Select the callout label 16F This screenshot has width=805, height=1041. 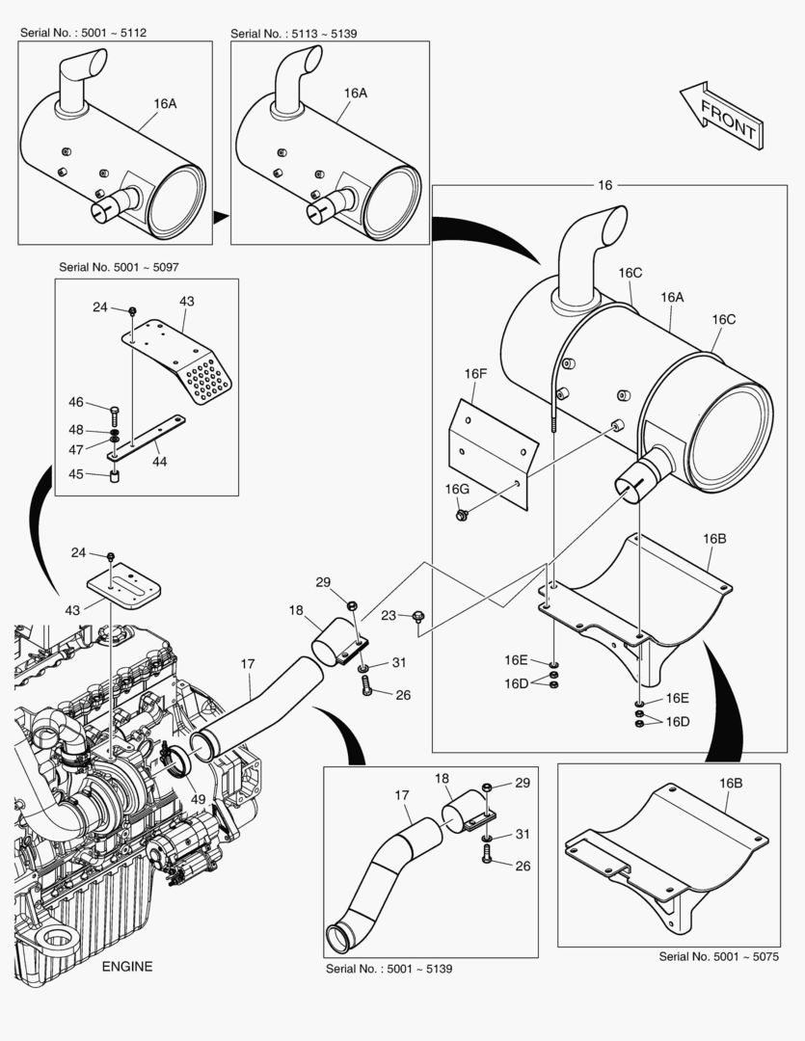click(475, 373)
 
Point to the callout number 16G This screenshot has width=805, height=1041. click(456, 490)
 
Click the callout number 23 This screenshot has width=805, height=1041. click(389, 615)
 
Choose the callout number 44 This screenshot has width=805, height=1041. click(159, 462)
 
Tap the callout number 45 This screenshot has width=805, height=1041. click(74, 473)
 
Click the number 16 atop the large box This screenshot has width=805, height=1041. click(604, 185)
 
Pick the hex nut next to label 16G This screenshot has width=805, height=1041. click(464, 515)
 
